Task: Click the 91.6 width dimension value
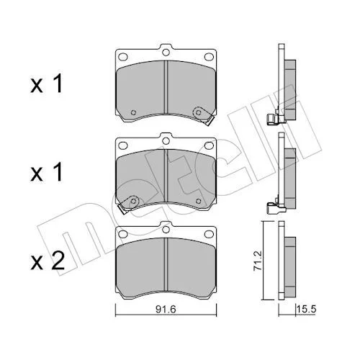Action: coord(166,309)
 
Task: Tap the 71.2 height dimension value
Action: coord(258,261)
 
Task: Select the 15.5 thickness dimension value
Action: coord(306,309)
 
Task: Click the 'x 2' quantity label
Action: coord(48,261)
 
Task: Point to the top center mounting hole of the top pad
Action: coord(166,52)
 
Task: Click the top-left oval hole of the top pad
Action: coord(123,57)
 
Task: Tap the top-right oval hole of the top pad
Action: coord(209,57)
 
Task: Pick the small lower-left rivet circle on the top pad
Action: coord(133,112)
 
